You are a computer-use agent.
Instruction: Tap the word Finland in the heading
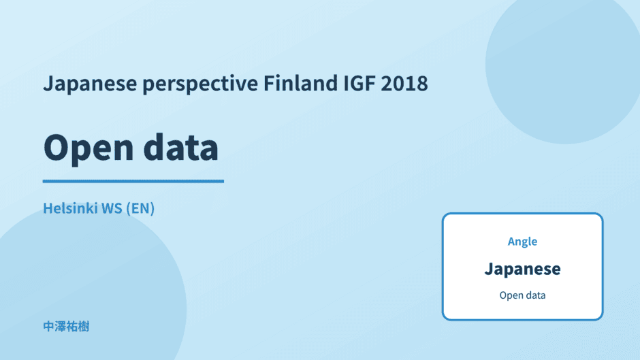click(x=301, y=83)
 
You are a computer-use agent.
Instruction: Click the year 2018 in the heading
click(x=404, y=83)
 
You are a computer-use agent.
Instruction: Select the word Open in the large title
click(x=88, y=148)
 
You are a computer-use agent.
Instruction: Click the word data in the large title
click(x=181, y=147)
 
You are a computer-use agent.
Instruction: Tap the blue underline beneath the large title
click(x=133, y=181)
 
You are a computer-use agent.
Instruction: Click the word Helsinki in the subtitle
click(x=70, y=208)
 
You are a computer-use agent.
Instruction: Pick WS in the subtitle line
click(x=112, y=208)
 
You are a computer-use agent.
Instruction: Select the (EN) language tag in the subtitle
click(x=140, y=208)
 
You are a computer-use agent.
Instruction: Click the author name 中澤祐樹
click(x=66, y=327)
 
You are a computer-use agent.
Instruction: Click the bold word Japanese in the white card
click(x=522, y=269)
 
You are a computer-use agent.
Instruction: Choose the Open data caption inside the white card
click(x=522, y=295)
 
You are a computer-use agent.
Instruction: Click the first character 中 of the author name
click(x=48, y=327)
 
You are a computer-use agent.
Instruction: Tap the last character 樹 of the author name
click(x=84, y=327)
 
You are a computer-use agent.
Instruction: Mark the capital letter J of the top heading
click(x=48, y=83)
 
